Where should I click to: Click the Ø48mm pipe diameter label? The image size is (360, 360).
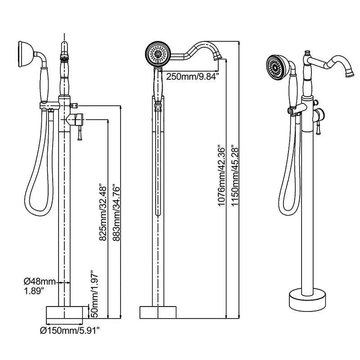(39, 282)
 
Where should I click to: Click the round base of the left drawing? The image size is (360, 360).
(66, 312)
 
